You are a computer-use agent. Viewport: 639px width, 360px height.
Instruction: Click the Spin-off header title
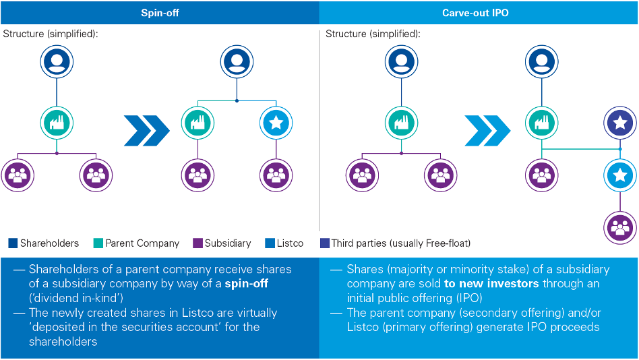160,12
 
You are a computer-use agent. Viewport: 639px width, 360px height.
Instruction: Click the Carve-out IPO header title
479,12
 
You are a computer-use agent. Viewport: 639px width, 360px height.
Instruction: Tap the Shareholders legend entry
44,243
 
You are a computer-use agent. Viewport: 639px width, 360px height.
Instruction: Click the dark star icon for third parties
619,124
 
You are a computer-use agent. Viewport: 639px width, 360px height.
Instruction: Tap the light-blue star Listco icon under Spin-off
276,124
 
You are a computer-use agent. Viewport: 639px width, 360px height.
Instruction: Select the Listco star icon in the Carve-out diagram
619,176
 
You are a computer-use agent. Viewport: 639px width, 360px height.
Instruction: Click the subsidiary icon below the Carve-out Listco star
619,227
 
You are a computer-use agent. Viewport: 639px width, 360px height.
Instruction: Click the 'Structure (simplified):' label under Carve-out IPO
373,34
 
